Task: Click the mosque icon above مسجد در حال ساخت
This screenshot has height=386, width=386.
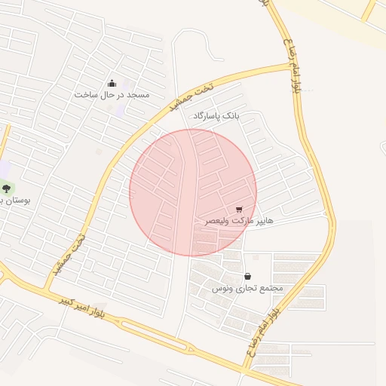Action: (x=112, y=83)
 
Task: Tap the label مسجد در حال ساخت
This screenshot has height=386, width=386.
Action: (x=112, y=95)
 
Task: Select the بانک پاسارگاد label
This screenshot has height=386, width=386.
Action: (x=216, y=117)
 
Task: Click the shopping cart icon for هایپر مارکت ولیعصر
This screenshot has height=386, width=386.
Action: (x=239, y=210)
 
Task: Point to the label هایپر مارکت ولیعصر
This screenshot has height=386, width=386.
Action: (x=240, y=222)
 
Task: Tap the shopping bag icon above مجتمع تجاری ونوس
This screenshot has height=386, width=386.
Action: (x=248, y=276)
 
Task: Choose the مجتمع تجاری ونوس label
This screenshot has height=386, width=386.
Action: (x=247, y=288)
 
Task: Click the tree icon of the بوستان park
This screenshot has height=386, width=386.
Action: (x=7, y=188)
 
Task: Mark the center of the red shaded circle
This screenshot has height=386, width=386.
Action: (x=193, y=192)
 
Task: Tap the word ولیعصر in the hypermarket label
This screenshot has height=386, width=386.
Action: (x=219, y=222)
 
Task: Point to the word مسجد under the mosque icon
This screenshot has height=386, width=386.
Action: (x=139, y=95)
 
